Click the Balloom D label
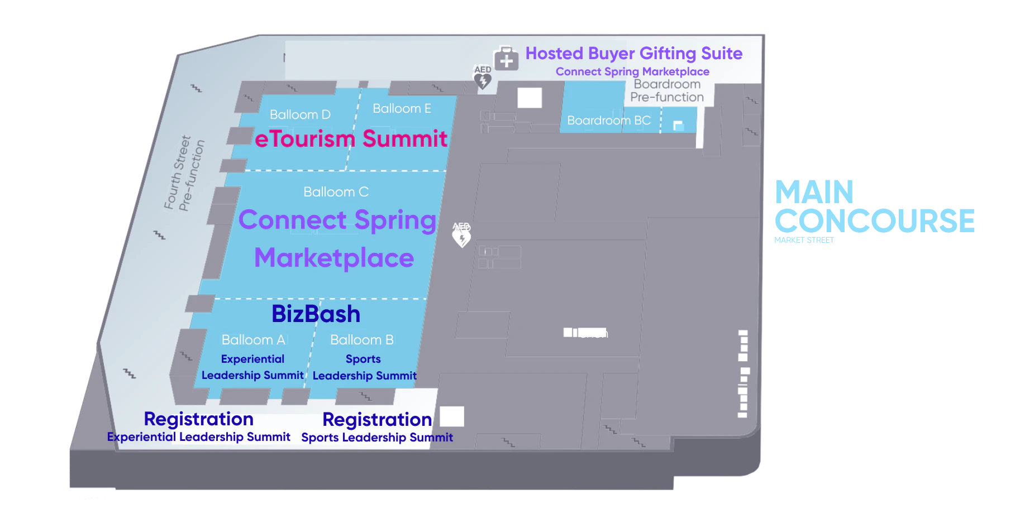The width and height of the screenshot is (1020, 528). pos(300,114)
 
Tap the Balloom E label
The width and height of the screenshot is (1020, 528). pos(402,108)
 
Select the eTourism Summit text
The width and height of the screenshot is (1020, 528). pos(351,138)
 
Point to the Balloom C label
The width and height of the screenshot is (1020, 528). pos(336,192)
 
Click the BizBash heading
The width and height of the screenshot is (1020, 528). pos(316,314)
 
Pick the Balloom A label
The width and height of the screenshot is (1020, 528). pos(253,339)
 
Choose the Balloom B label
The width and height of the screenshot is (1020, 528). pos(361,339)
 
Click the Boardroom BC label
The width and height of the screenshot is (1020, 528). pos(608,121)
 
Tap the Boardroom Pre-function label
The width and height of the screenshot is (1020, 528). pos(667,90)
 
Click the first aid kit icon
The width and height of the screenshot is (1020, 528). pos(506,59)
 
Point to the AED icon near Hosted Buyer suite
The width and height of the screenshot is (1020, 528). pos(483,77)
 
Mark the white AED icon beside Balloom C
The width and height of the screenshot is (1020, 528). pos(461,235)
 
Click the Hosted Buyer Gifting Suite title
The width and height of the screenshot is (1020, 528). pos(634,53)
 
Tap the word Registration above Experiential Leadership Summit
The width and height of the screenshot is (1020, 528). pos(198,419)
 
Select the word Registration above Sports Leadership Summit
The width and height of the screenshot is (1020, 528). pos(377,419)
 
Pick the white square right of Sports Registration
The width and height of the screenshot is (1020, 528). pos(452,416)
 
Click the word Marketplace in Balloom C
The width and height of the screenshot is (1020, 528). pos(334,258)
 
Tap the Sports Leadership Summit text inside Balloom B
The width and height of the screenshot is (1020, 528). pos(364,367)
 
